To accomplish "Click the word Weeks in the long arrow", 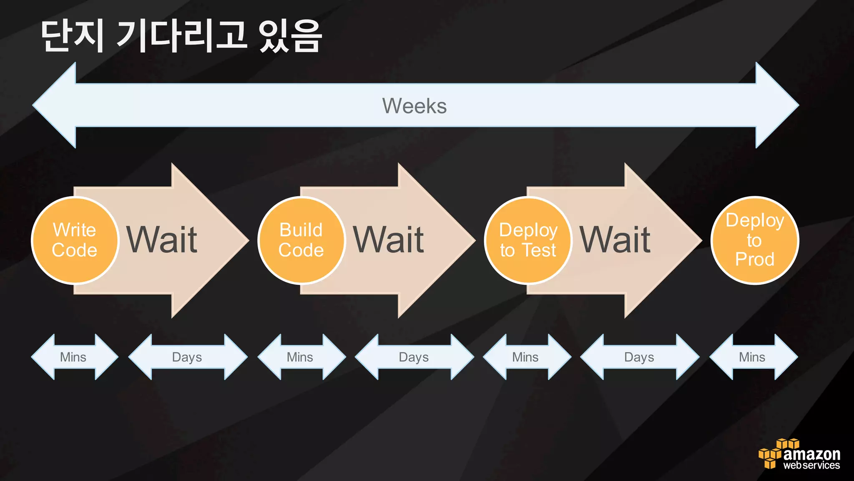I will [414, 106].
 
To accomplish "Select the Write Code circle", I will [75, 240].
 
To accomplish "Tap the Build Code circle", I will [301, 240].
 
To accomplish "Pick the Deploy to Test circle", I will [528, 240].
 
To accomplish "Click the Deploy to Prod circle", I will [754, 240].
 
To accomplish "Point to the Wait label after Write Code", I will [162, 240].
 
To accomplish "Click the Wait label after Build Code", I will [389, 240].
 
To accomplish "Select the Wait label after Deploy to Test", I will [615, 240].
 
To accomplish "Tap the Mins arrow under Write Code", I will [74, 357].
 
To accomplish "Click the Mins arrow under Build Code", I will [300, 357].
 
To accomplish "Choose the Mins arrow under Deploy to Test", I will [526, 357].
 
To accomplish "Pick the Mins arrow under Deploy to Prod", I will [753, 357].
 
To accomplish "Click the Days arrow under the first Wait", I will [187, 357].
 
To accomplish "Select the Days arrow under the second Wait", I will [414, 357].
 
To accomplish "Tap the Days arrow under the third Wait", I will [639, 357].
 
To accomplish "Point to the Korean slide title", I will [181, 37].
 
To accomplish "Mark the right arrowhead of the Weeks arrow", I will [776, 105].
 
